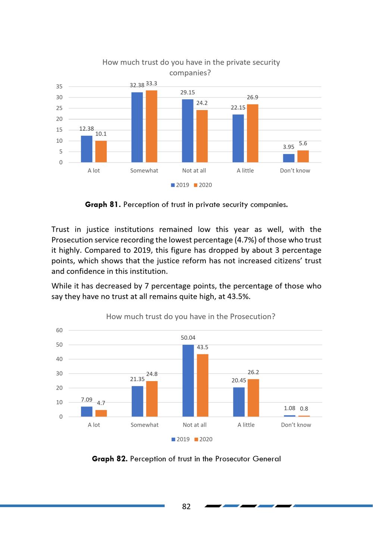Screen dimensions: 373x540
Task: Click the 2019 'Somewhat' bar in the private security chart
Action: pyautogui.click(x=137, y=127)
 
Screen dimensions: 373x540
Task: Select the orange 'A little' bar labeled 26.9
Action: pyautogui.click(x=253, y=133)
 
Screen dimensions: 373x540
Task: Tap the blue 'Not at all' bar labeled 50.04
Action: pyautogui.click(x=188, y=381)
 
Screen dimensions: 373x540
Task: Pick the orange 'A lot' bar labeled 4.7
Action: pyautogui.click(x=101, y=413)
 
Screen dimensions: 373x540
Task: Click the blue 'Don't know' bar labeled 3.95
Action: pyautogui.click(x=289, y=158)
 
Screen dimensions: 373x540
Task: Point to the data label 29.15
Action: pyautogui.click(x=187, y=92)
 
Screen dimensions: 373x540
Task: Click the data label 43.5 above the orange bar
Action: pyautogui.click(x=202, y=347)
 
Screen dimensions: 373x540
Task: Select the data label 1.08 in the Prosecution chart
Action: pyautogui.click(x=289, y=408)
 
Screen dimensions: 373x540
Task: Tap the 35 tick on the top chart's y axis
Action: pyautogui.click(x=59, y=86)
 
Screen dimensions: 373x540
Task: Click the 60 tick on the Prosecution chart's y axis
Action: pyautogui.click(x=59, y=330)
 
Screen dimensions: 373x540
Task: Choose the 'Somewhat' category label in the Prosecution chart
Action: pyautogui.click(x=144, y=425)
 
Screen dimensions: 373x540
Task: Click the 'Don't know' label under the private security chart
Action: pyautogui.click(x=295, y=170)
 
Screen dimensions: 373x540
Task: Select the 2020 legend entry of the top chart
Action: pyautogui.click(x=203, y=185)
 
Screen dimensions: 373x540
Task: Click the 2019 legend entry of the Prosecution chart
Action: pyautogui.click(x=181, y=439)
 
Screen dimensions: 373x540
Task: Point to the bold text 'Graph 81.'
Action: pyautogui.click(x=103, y=204)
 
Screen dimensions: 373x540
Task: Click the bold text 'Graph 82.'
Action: pyautogui.click(x=110, y=459)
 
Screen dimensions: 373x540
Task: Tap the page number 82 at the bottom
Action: pyautogui.click(x=186, y=506)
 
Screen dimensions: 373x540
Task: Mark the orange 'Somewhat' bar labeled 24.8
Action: pyautogui.click(x=152, y=399)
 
